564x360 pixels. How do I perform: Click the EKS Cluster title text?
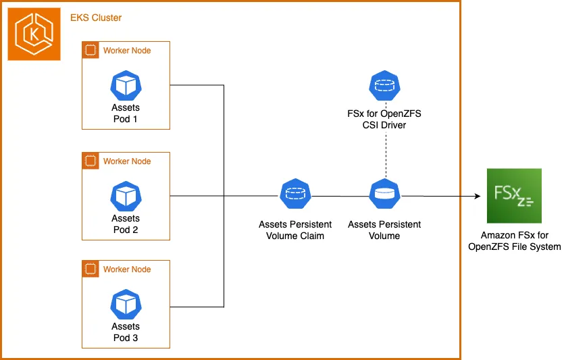pyautogui.click(x=97, y=18)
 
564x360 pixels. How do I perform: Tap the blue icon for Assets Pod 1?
pyautogui.click(x=126, y=86)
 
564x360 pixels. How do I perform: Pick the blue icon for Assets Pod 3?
pyautogui.click(x=126, y=305)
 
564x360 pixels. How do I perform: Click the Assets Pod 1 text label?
pyautogui.click(x=126, y=113)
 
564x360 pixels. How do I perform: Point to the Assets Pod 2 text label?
pyautogui.click(x=126, y=224)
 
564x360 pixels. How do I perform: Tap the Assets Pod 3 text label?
pyautogui.click(x=126, y=332)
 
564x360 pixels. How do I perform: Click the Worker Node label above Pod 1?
pyautogui.click(x=127, y=51)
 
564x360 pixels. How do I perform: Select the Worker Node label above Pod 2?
pyautogui.click(x=127, y=161)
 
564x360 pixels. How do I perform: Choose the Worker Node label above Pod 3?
pyautogui.click(x=127, y=269)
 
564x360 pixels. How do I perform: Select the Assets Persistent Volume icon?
pyautogui.click(x=384, y=195)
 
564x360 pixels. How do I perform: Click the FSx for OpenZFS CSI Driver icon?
pyautogui.click(x=384, y=86)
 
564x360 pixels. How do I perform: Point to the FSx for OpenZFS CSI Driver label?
pyautogui.click(x=384, y=118)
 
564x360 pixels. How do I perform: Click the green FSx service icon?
pyautogui.click(x=514, y=196)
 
